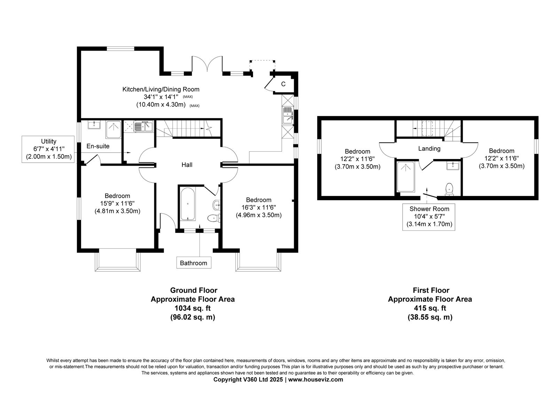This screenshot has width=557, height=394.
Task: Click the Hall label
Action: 187,165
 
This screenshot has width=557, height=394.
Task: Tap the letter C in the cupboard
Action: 283,84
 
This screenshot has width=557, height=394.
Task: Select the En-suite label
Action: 98,146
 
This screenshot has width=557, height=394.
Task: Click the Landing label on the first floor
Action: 429,149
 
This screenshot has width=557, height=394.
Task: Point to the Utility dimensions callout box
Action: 48,149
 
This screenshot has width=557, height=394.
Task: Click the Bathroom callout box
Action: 194,263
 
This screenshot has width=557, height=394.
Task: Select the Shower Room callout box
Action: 429,217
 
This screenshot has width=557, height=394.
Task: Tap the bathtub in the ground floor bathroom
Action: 188,204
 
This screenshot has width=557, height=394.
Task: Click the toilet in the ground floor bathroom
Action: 214,218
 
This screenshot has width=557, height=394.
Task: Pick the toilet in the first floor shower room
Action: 449,189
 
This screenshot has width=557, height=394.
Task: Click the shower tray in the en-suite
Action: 113,129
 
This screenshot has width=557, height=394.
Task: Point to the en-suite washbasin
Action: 94,124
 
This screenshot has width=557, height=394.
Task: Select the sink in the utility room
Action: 143,126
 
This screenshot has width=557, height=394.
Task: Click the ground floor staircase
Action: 188,129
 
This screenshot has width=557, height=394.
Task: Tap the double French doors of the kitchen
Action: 207,64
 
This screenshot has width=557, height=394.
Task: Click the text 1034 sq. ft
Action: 193,308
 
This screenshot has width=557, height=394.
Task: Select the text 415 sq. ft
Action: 430,308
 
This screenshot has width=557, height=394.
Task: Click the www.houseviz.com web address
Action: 315,380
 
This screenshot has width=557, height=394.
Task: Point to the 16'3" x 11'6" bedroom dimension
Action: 259,207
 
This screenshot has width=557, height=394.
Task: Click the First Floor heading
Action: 431,290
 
